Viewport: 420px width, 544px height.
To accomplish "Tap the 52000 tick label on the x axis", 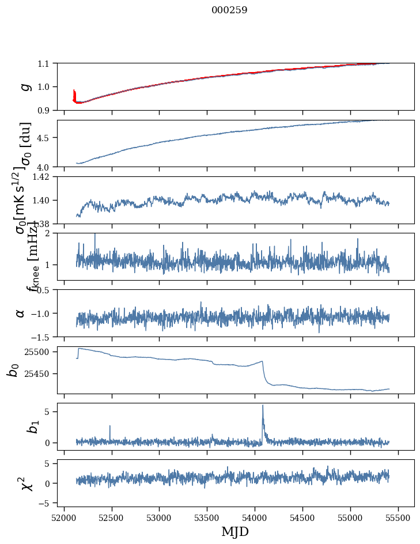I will pyautogui.click(x=64, y=516).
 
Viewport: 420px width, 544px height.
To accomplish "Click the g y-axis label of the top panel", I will pyautogui.click(x=24, y=86).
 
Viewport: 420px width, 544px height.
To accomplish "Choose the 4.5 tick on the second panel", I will pyautogui.click(x=45, y=138).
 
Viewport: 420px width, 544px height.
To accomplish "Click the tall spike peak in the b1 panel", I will pyautogui.click(x=263, y=405).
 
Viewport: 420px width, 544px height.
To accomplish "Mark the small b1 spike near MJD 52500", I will pyautogui.click(x=109, y=426).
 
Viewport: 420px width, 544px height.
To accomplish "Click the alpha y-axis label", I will pyautogui.click(x=21, y=313).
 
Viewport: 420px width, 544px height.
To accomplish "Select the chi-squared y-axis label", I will pyautogui.click(x=25, y=483).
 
